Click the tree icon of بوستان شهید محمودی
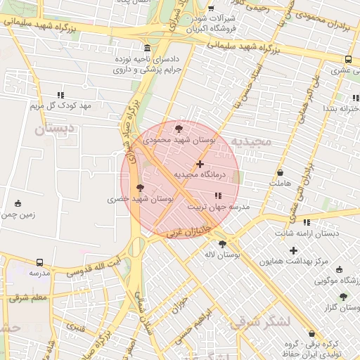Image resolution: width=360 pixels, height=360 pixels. click(x=178, y=129)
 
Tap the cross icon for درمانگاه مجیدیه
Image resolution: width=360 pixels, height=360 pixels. click(x=200, y=164)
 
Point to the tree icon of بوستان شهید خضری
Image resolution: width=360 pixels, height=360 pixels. click(x=140, y=188)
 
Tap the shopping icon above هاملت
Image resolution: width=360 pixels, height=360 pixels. click(x=281, y=172)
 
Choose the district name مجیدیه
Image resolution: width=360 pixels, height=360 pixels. click(x=251, y=141)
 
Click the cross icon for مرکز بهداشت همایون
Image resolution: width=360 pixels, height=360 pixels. click(x=293, y=251)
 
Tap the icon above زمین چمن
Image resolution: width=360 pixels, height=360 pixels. click(x=18, y=204)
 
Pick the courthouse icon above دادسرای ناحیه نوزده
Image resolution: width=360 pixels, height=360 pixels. click(x=147, y=49)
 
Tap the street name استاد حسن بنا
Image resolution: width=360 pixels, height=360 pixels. click(x=257, y=80)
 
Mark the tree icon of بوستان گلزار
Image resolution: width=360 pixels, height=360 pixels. click(x=343, y=297)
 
